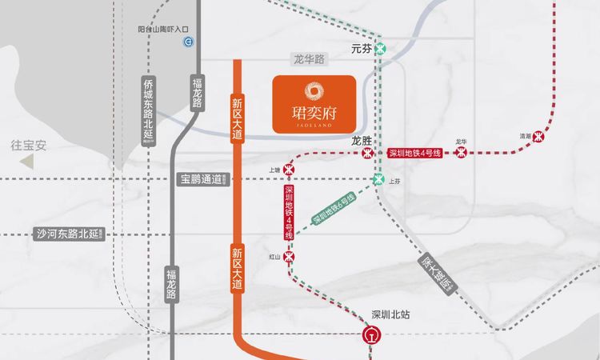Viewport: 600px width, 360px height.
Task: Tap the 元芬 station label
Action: [362, 48]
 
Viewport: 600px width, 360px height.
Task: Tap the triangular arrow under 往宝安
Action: [28, 162]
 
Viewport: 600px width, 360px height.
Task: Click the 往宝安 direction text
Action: [29, 146]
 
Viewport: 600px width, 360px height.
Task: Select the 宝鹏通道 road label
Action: [200, 180]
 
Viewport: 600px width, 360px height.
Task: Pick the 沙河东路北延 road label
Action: [67, 234]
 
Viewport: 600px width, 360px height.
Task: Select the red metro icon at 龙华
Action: [460, 153]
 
